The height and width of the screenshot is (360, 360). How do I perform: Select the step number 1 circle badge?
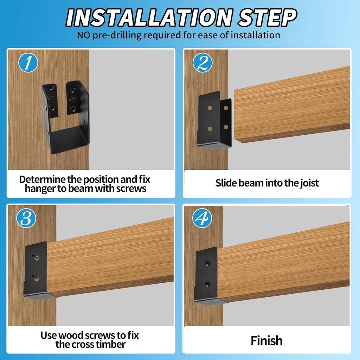tap(28, 63)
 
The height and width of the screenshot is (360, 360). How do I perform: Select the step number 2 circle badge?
tap(203, 63)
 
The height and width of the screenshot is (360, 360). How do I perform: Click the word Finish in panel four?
tap(266, 340)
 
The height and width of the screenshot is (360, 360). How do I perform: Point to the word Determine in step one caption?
tap(42, 179)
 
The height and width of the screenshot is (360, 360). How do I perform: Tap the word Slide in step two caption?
tap(226, 183)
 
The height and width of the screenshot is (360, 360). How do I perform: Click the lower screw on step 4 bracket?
tap(207, 284)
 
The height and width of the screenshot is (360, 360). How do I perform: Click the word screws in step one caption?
tap(131, 188)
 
